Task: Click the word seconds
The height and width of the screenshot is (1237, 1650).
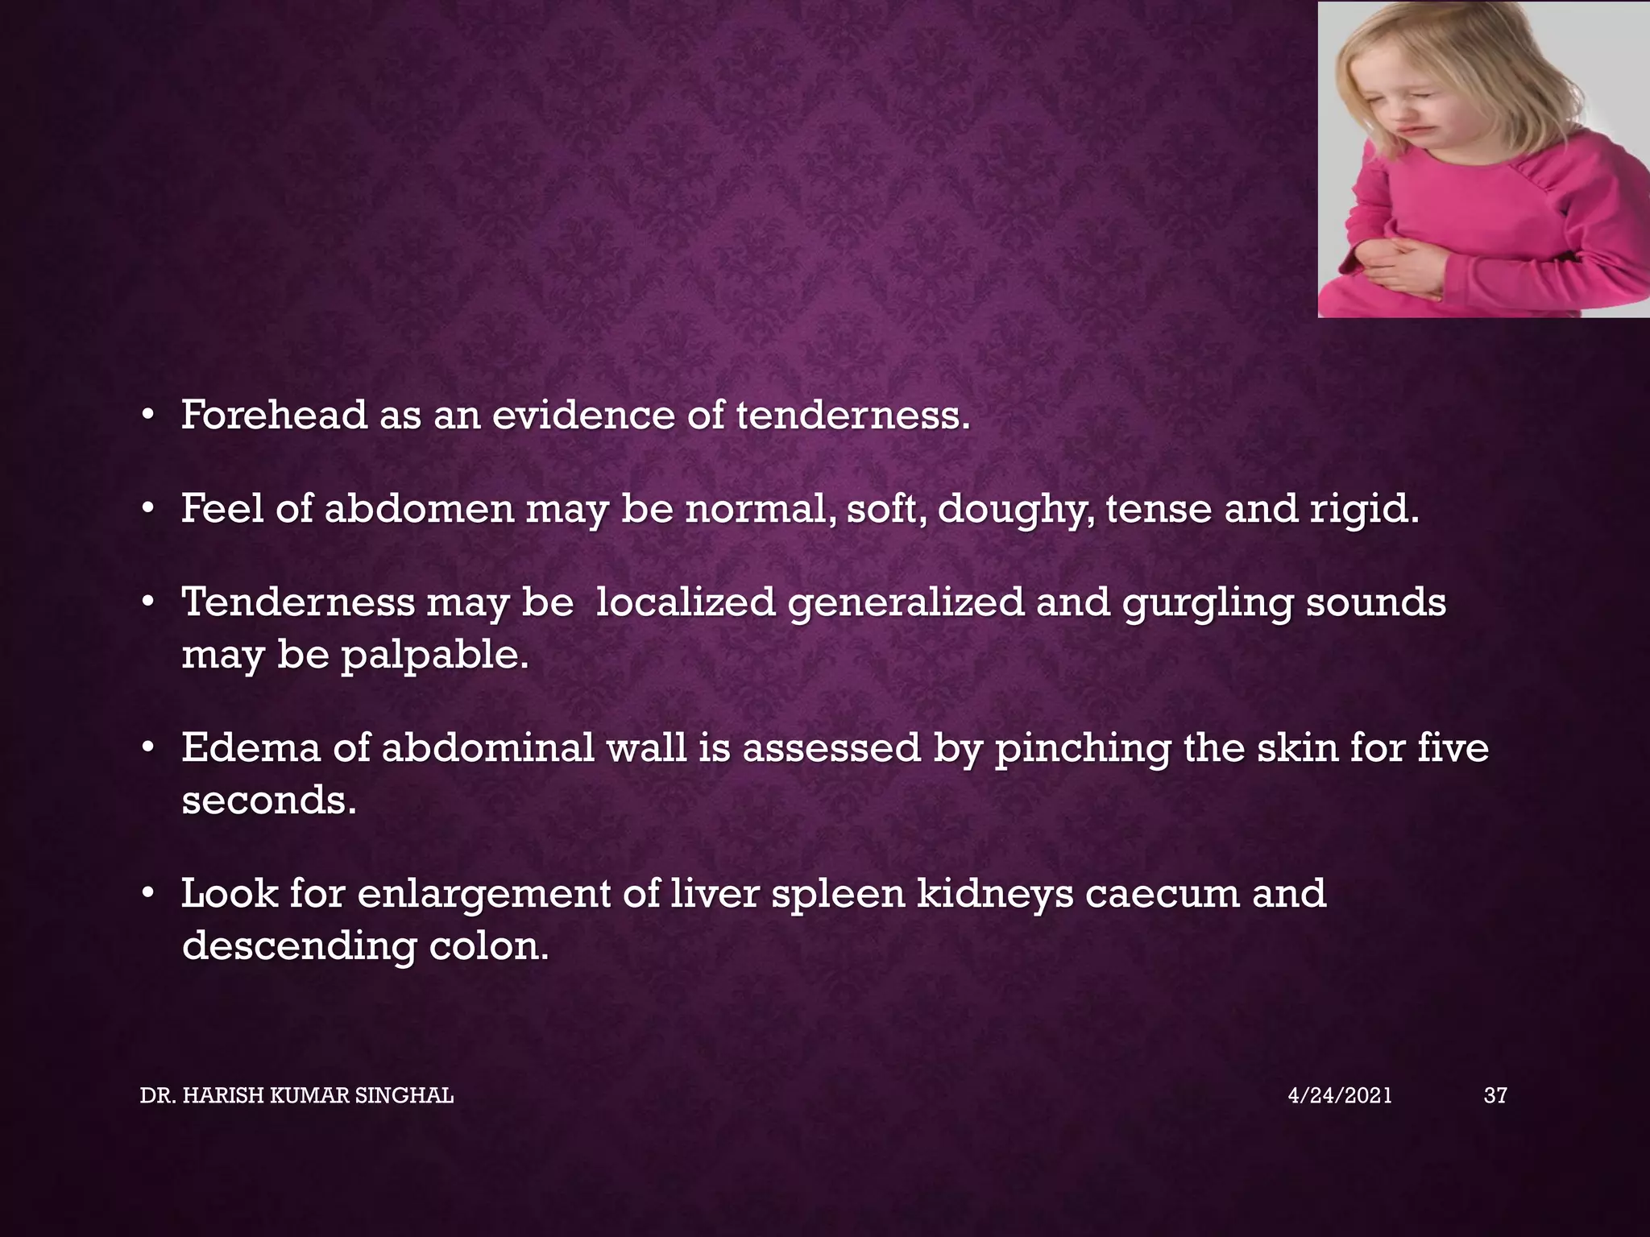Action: tap(268, 801)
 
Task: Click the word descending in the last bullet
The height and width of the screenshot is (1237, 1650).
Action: tap(299, 947)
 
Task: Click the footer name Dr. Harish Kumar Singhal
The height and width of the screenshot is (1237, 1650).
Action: tap(296, 1095)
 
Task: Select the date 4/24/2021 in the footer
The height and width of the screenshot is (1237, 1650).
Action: tap(1339, 1095)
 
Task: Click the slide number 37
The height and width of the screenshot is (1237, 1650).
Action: tap(1495, 1095)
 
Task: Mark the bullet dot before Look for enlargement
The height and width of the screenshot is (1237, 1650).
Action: tap(147, 893)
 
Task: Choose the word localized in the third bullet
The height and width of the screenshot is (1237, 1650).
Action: tap(685, 603)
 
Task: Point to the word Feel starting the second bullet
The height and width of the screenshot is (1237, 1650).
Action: tap(222, 509)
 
